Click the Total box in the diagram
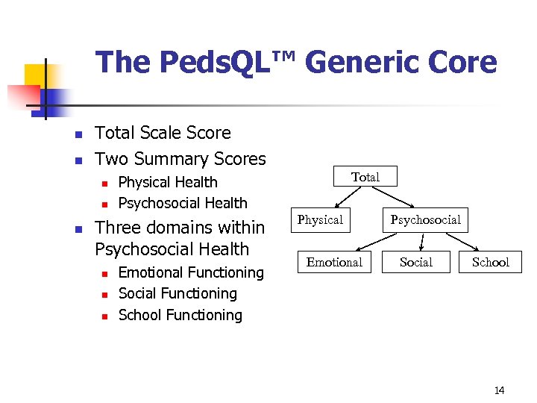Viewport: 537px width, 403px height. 365,177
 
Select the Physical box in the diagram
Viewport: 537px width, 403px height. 320,220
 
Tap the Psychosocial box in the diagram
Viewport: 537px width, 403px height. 426,220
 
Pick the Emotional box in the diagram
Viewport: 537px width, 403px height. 334,262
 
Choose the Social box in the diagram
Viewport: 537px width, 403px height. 415,262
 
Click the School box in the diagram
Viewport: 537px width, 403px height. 490,262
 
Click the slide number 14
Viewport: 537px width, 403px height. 499,390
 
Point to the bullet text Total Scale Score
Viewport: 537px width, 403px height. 163,133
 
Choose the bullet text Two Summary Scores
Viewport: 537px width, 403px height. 180,159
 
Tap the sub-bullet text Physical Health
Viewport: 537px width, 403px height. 168,182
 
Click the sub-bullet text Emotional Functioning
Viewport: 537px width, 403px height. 191,272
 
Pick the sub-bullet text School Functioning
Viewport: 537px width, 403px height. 180,315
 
